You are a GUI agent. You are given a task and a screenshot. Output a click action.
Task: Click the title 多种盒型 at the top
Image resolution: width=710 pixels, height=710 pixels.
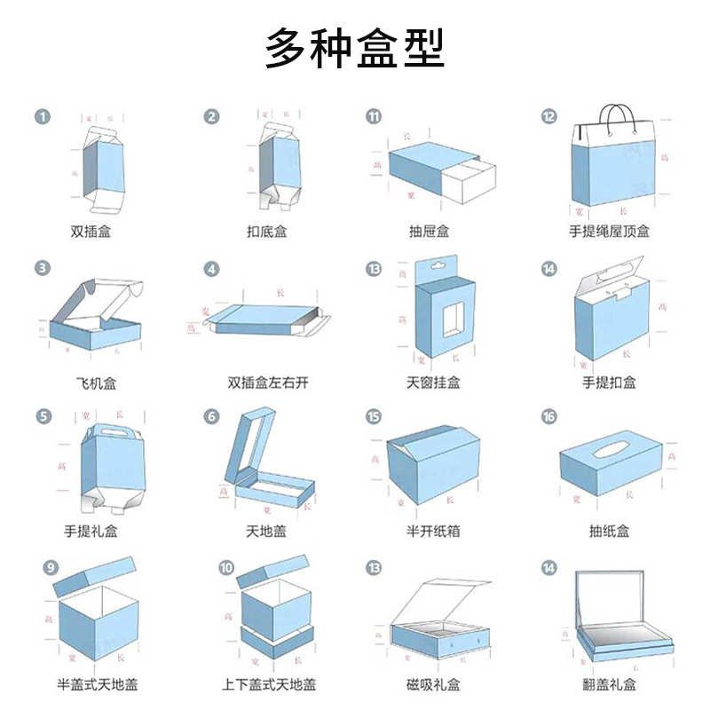pyautogui.click(x=355, y=50)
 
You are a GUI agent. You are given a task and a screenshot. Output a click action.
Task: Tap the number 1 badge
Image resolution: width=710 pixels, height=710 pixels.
pyautogui.click(x=42, y=116)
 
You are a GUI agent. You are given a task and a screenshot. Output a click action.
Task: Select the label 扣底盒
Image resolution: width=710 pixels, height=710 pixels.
pyautogui.click(x=267, y=232)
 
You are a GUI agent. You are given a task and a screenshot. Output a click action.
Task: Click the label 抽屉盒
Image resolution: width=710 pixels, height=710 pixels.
pyautogui.click(x=429, y=232)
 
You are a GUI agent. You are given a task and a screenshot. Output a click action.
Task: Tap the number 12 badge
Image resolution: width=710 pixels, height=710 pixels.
pyautogui.click(x=549, y=116)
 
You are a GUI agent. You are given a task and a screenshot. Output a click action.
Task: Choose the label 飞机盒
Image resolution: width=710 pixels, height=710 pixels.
pyautogui.click(x=96, y=383)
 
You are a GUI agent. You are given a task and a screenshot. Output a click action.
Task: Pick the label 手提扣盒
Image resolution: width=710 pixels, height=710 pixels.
pyautogui.click(x=609, y=383)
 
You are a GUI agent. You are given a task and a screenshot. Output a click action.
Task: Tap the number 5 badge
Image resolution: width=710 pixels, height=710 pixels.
pyautogui.click(x=42, y=416)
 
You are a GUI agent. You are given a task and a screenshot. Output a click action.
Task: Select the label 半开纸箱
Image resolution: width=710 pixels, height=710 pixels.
pyautogui.click(x=433, y=532)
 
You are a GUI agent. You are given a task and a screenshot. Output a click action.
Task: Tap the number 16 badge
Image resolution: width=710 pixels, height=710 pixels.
pyautogui.click(x=549, y=416)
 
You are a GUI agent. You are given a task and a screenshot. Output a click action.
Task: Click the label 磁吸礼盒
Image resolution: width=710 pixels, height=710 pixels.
pyautogui.click(x=433, y=685)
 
